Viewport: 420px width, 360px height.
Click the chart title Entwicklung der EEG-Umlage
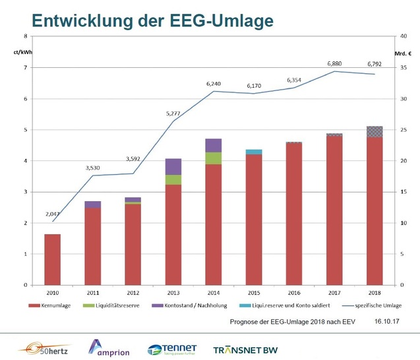coord(152,21)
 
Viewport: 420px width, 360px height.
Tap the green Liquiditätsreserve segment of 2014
coord(213,158)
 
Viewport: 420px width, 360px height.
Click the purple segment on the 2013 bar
coord(173,167)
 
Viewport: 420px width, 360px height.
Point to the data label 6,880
coord(335,64)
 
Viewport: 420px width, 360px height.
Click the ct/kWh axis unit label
coord(22,51)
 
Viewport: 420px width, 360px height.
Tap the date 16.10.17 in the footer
coord(388,321)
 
